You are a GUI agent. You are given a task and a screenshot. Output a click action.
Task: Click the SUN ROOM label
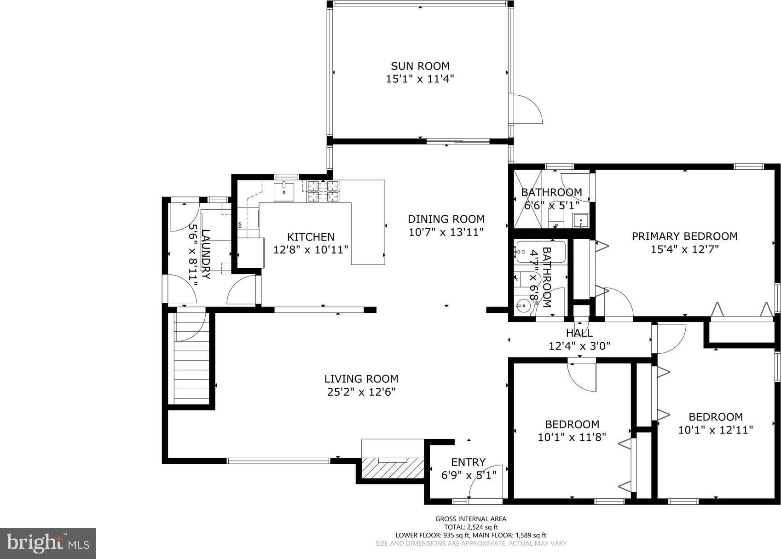(x=420, y=66)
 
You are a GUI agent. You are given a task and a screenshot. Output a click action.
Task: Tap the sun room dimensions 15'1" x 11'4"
(x=420, y=79)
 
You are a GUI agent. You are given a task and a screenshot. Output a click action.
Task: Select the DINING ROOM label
(x=446, y=219)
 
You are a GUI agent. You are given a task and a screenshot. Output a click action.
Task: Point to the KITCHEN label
(x=311, y=237)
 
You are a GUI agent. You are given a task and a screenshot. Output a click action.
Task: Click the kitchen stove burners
(x=323, y=191)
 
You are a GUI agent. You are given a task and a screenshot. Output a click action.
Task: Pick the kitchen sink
(x=284, y=192)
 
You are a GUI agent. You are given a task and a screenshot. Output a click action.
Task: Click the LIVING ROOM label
(x=361, y=379)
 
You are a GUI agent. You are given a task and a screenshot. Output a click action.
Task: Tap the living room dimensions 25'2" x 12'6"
(x=361, y=392)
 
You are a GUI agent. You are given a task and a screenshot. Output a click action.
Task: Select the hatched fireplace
(x=393, y=468)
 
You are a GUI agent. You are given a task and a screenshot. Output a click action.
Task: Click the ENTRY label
(x=468, y=462)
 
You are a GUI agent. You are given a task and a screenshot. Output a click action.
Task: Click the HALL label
(x=579, y=333)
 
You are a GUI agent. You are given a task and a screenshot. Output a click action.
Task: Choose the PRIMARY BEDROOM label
(x=685, y=236)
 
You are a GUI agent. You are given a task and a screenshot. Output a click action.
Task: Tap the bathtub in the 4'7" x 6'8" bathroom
(x=540, y=252)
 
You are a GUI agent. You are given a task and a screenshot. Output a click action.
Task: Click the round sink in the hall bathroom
(x=523, y=305)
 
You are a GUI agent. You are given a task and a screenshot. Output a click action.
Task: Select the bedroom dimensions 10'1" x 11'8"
(x=572, y=438)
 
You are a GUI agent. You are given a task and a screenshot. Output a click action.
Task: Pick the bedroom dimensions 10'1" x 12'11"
(x=716, y=430)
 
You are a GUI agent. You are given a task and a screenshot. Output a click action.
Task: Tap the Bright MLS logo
(x=48, y=543)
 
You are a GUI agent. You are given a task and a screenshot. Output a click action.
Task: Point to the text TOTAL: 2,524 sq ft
(x=471, y=527)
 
